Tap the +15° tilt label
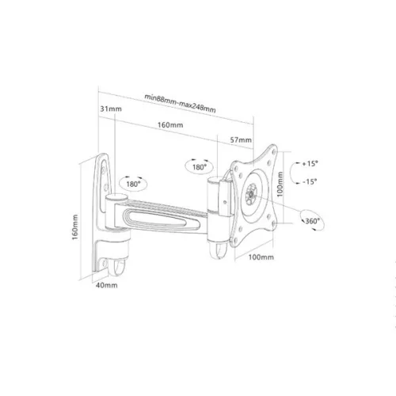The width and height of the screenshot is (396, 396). (309, 164)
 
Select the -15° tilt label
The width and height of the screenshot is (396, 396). (309, 181)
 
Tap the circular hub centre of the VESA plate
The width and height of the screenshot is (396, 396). (253, 191)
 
